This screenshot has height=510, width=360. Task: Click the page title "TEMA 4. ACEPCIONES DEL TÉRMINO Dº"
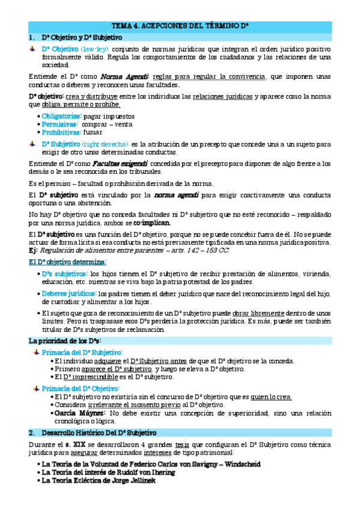[180, 26]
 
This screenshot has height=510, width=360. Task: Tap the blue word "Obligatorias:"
[62, 116]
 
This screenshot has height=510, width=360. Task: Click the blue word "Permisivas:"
[59, 124]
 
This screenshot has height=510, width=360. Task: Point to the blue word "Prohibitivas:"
[61, 132]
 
